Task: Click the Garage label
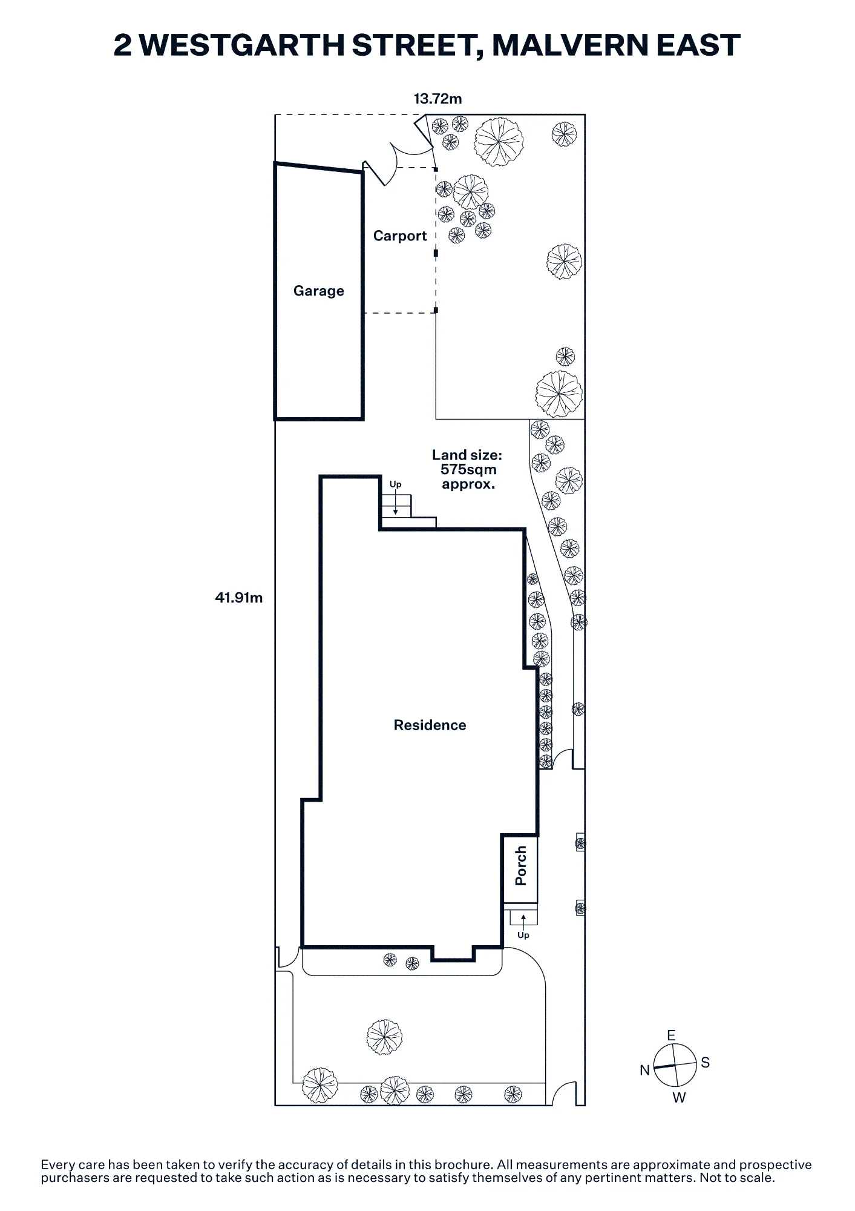pyautogui.click(x=319, y=291)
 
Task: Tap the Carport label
pyautogui.click(x=400, y=236)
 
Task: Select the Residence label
pyautogui.click(x=430, y=725)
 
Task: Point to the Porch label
pyautogui.click(x=520, y=866)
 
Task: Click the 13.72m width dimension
pyautogui.click(x=438, y=99)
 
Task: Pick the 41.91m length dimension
pyautogui.click(x=239, y=598)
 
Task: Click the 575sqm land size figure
pyautogui.click(x=468, y=469)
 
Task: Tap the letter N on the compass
pyautogui.click(x=645, y=1071)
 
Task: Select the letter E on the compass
pyautogui.click(x=671, y=1035)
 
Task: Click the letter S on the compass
pyautogui.click(x=706, y=1063)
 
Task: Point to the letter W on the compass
pyautogui.click(x=680, y=1098)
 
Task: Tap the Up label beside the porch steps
pyautogui.click(x=523, y=935)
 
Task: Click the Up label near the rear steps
pyautogui.click(x=395, y=484)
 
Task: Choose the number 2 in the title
pyautogui.click(x=123, y=45)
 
